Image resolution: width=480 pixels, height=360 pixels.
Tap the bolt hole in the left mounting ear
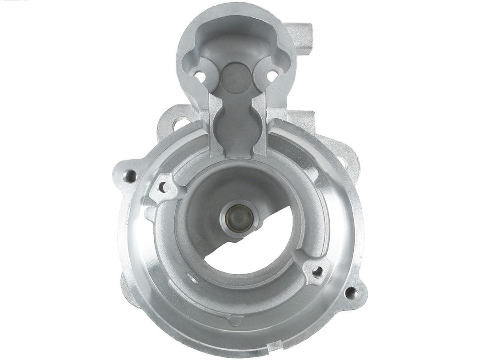pyautogui.click(x=130, y=176)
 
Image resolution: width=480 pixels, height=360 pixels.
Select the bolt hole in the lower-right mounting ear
pyautogui.click(x=350, y=292)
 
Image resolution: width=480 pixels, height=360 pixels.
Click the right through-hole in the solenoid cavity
pyautogui.click(x=272, y=76)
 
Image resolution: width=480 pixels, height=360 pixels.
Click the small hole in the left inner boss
pyautogui.click(x=162, y=188)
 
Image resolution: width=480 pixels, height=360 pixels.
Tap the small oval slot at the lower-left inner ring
pyautogui.click(x=192, y=279)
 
